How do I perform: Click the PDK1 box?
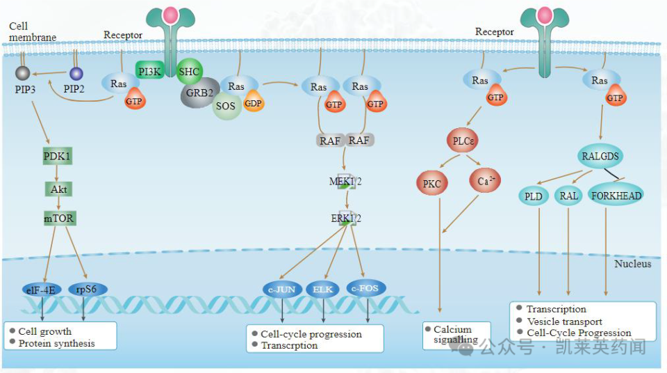(x=58, y=156)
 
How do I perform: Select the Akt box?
(x=58, y=188)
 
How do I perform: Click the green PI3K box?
(x=150, y=71)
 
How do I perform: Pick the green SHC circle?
(x=189, y=71)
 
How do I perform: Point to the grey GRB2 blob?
(x=200, y=94)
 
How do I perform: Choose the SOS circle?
(x=226, y=106)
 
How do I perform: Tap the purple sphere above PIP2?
(x=76, y=74)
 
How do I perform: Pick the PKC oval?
(x=432, y=184)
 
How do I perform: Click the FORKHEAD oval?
(x=616, y=196)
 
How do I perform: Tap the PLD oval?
(x=534, y=196)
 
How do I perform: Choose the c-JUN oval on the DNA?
(x=281, y=289)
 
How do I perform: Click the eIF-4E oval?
(x=42, y=289)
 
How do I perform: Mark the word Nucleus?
(x=632, y=264)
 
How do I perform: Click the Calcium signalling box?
(x=455, y=335)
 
